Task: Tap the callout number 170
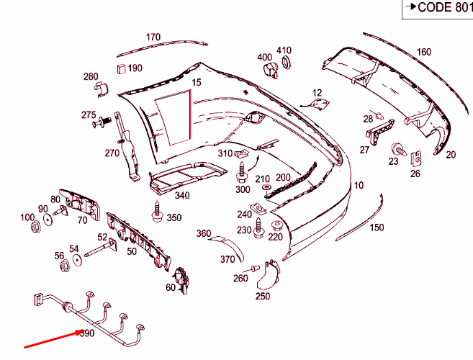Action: click(153, 37)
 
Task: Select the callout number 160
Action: click(423, 51)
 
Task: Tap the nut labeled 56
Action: click(63, 267)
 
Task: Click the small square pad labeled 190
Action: click(120, 68)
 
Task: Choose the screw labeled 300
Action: click(242, 173)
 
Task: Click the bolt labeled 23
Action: click(396, 150)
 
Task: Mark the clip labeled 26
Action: click(416, 156)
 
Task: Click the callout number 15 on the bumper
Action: click(196, 83)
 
